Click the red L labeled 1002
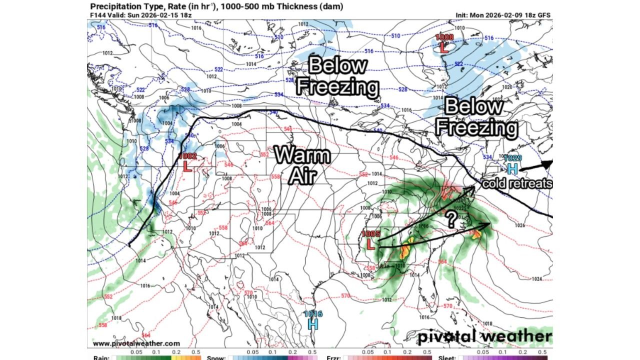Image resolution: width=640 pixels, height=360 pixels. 187,166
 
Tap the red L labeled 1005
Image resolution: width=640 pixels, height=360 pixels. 370,244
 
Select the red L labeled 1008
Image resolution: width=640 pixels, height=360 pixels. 443,47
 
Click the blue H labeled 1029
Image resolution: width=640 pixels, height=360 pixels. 512,168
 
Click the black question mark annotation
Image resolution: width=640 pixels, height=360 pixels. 451,218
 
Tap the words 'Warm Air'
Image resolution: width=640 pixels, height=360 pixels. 303,165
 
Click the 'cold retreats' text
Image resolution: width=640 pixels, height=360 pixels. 517,183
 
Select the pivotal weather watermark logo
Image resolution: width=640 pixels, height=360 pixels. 485,336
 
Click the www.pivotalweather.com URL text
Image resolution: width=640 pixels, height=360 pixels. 136,343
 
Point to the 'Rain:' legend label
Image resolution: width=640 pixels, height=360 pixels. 101,357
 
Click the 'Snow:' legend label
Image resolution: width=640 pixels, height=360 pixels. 216,357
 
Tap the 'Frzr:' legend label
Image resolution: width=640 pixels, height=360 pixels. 334,357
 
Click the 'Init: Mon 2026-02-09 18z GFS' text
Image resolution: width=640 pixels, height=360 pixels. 503,15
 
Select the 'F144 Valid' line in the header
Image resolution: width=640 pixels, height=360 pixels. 140,15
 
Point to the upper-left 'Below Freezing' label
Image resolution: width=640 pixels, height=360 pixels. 337,76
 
